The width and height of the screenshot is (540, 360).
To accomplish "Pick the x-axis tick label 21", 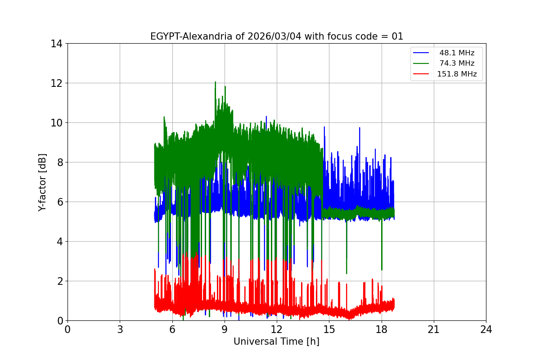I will pyautogui.click(x=434, y=330).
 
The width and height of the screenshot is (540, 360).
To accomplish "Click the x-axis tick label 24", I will pyautogui.click(x=486, y=330).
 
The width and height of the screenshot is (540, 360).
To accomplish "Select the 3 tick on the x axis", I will pyautogui.click(x=120, y=330).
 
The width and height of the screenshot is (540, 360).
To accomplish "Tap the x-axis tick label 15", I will pyautogui.click(x=329, y=330).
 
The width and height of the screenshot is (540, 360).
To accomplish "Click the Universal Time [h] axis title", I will pyautogui.click(x=276, y=342).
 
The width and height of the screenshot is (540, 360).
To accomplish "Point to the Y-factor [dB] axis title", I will pyautogui.click(x=42, y=182).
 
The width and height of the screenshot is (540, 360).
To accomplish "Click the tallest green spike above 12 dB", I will pyautogui.click(x=216, y=82).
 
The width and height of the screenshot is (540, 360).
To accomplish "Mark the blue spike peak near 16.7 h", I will pyautogui.click(x=360, y=128).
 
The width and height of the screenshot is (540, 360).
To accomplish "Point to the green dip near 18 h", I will pyautogui.click(x=382, y=270).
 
